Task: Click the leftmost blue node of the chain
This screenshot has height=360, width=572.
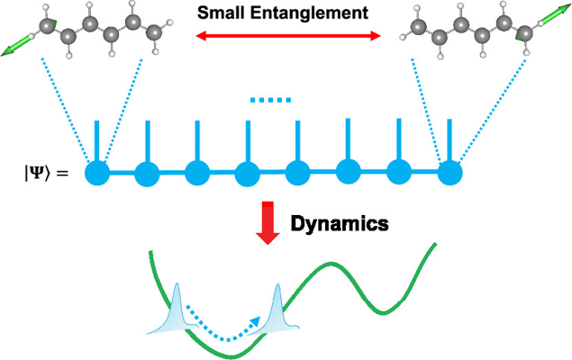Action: (97, 171)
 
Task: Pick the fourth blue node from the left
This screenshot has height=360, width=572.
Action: (248, 171)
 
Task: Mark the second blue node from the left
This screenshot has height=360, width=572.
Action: (147, 171)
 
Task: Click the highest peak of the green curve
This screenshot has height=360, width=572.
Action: (437, 243)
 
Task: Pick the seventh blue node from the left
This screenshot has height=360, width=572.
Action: (398, 171)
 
